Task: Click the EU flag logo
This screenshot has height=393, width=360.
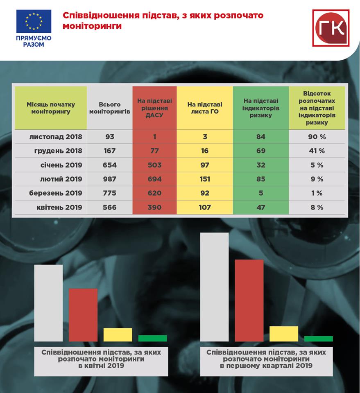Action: tap(34, 21)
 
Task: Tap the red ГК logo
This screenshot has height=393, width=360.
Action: tap(331, 28)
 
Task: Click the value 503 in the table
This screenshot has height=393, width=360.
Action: tap(154, 165)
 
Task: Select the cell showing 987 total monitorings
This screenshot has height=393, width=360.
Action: tap(109, 179)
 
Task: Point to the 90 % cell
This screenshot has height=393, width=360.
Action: tap(317, 137)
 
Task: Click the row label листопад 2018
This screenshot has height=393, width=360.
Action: tap(56, 137)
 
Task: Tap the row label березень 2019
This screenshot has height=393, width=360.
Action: tap(56, 193)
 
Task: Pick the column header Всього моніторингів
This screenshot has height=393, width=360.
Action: tap(109, 108)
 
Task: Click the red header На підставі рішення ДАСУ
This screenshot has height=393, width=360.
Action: tap(154, 108)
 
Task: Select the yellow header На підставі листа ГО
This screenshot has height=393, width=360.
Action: tap(205, 108)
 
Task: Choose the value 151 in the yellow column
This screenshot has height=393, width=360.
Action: tap(205, 179)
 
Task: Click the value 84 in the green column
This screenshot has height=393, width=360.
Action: tap(261, 137)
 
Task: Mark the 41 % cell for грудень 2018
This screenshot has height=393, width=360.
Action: tap(317, 151)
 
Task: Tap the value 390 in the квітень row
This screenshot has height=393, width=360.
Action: tap(154, 207)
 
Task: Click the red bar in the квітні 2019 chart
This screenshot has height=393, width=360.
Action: tap(83, 315)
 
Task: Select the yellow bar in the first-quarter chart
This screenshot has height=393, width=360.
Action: tap(284, 334)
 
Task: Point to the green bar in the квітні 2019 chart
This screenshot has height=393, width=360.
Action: tap(152, 338)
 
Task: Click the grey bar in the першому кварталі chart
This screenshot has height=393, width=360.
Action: tap(214, 287)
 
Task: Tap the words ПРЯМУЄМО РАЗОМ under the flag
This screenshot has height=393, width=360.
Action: tap(34, 41)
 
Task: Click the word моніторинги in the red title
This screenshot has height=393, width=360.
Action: tap(92, 26)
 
